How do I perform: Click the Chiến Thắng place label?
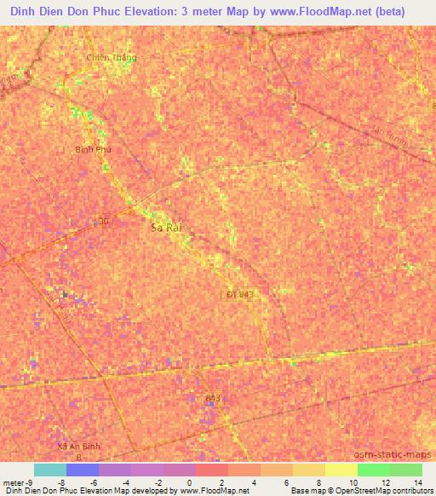point(112,58)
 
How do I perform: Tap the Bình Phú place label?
point(94,149)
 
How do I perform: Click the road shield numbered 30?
point(104,221)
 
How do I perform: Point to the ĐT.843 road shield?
point(241,294)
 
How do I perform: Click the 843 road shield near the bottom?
point(213,398)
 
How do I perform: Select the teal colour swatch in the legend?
point(50,470)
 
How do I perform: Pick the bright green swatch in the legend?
point(373,470)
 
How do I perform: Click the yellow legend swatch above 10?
point(341,470)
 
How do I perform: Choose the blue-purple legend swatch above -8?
point(83,470)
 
